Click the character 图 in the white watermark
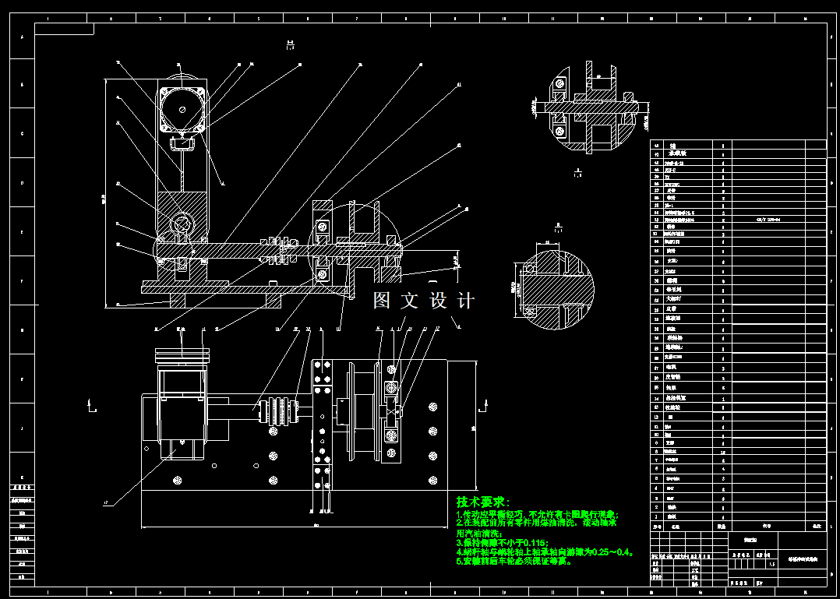pos(382,301)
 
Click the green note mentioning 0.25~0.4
pos(545,551)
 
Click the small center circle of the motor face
pos(183,110)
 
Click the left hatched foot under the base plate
pos(178,300)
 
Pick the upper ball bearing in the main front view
pos(321,227)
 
